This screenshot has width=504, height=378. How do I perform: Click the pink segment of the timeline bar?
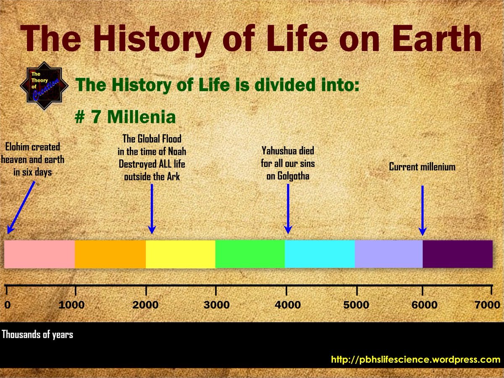39,254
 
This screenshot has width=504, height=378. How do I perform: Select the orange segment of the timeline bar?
110,254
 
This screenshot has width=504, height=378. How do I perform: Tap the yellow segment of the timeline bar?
180,254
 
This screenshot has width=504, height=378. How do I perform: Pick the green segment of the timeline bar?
250,254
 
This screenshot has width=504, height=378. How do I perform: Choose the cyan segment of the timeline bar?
320,254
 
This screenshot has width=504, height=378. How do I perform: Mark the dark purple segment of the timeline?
457,254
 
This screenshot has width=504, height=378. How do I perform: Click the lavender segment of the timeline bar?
388,254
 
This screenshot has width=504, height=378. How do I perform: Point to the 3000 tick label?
216,305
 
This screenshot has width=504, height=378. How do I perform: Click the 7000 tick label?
487,305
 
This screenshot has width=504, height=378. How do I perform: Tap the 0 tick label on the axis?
7,305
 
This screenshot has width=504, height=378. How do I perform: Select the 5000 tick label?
356,305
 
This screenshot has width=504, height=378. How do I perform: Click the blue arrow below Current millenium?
422,210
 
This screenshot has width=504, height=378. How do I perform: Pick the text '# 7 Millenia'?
125,118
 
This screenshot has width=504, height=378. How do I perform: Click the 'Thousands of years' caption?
38,335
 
